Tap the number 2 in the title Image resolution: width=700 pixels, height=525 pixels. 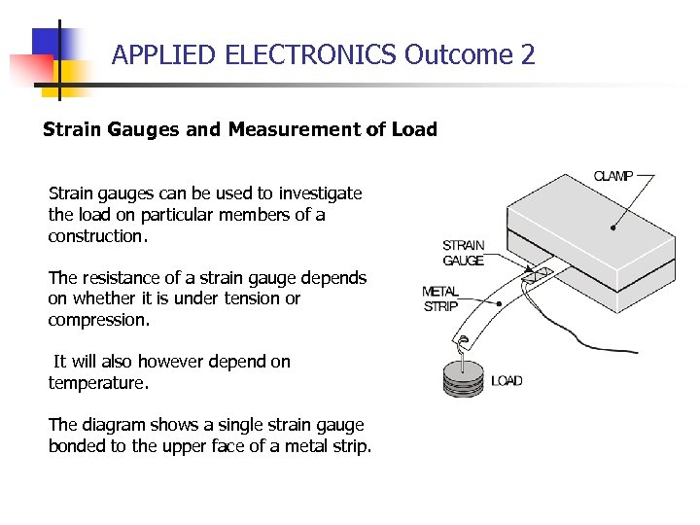point(528,55)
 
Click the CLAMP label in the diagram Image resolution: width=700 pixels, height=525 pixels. point(613,176)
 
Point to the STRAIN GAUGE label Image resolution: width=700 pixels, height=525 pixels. point(463,253)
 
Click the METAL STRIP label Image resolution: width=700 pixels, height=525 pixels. point(439,298)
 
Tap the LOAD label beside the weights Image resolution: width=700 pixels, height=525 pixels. point(507,380)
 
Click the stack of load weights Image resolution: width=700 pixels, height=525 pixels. point(462,378)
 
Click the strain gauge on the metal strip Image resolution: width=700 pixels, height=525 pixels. point(536,276)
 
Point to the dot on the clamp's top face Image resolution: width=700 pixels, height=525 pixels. point(612,228)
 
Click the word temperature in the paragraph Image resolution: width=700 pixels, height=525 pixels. point(97,383)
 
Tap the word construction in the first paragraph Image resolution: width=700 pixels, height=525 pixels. point(95,236)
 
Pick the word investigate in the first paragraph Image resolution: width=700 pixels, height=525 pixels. point(320,193)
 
